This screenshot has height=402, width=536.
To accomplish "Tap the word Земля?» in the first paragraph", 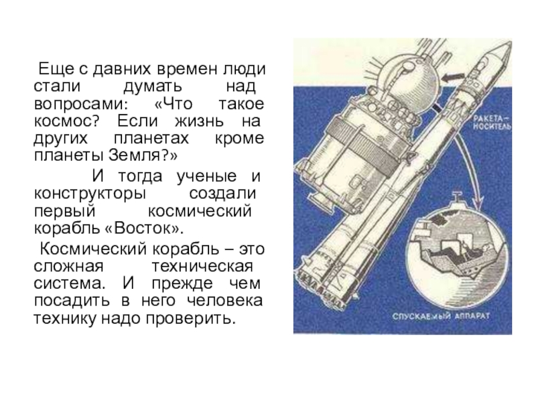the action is (x=143, y=155).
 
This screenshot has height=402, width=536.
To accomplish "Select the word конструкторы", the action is (x=90, y=194).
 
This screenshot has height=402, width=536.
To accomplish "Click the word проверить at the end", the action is (x=191, y=319).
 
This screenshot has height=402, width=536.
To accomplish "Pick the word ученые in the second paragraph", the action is (x=206, y=177).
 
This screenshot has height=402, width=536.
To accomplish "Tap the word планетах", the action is (x=151, y=139).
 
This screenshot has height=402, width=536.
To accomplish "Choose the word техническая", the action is (x=202, y=266).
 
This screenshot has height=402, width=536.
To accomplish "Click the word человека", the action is (x=224, y=301).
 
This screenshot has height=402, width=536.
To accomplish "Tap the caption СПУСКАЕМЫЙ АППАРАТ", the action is (x=441, y=316).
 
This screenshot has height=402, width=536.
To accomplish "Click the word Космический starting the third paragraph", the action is (x=93, y=249).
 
